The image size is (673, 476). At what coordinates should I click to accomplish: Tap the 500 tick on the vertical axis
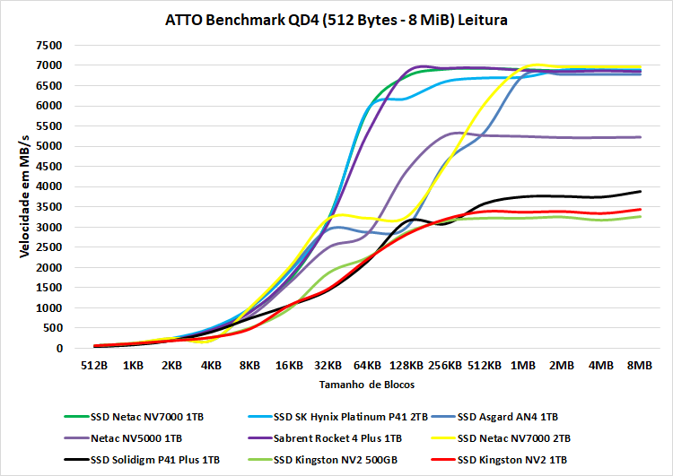51,328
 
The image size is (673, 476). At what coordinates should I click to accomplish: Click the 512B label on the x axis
93,366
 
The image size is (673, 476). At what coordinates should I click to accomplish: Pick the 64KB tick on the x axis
367,366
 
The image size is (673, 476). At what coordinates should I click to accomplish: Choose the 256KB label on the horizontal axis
445,366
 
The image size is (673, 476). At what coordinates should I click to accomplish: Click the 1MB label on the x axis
523,366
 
